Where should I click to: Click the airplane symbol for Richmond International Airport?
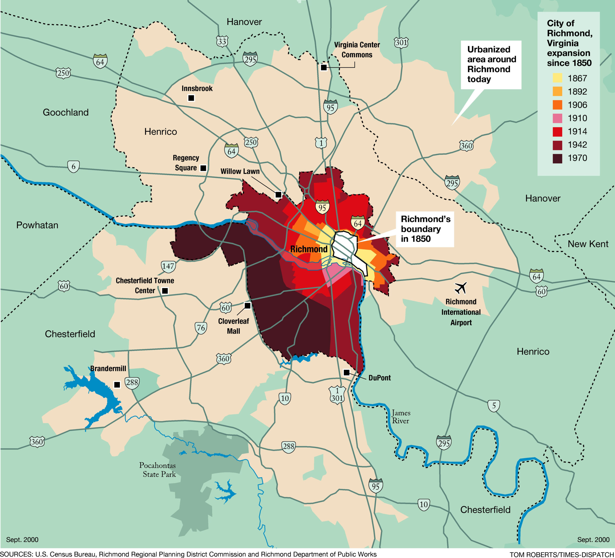(461, 287)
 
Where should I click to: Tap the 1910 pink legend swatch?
(557, 118)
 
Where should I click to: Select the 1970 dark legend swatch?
(557, 158)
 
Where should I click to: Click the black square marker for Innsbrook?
(191, 98)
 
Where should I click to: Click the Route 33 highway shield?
(222, 41)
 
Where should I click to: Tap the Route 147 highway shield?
(168, 266)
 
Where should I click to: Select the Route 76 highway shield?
(201, 328)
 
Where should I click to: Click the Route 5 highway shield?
(494, 406)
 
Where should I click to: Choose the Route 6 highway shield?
(73, 167)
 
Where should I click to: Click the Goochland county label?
(66, 112)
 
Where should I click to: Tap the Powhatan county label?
(37, 225)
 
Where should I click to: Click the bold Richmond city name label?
(309, 249)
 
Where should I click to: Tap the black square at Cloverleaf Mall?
(247, 305)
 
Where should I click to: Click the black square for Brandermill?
(117, 385)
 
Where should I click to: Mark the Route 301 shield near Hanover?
(401, 42)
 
